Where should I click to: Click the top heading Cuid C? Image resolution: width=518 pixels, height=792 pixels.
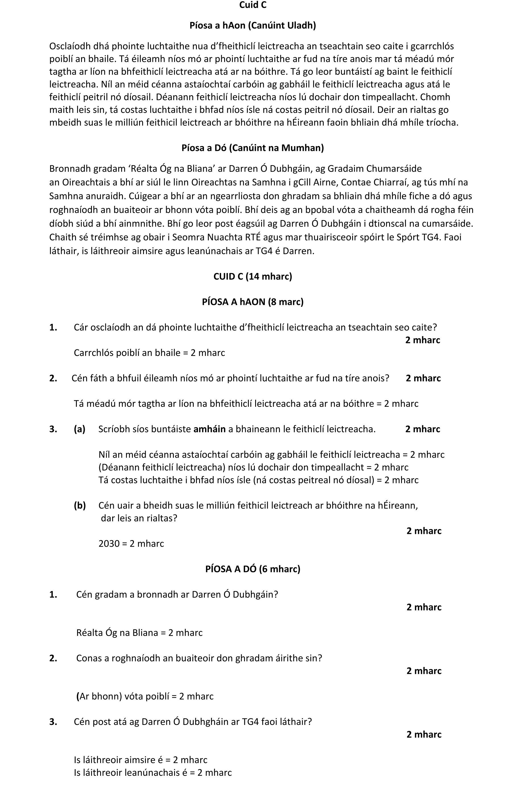(253, 5)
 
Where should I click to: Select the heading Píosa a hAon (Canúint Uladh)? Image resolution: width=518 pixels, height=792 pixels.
(253, 26)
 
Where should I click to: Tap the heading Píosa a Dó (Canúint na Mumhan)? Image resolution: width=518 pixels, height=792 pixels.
(253, 148)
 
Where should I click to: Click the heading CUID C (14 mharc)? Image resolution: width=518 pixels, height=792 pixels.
(253, 277)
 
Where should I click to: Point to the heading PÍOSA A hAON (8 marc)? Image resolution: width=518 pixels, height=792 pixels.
(253, 302)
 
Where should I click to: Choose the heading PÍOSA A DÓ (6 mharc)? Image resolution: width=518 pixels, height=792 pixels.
(253, 569)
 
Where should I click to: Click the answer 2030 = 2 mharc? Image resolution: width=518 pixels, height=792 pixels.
(131, 544)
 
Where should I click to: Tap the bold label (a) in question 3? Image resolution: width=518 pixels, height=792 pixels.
(80, 429)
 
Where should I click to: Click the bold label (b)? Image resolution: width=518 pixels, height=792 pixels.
(80, 505)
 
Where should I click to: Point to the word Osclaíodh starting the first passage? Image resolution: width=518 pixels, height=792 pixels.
(69, 46)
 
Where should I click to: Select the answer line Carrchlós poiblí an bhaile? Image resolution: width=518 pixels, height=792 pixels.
(149, 353)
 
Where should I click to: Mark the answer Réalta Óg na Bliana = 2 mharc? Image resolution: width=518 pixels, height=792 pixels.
(139, 633)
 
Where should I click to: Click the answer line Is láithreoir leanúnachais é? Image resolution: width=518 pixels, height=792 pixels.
(152, 772)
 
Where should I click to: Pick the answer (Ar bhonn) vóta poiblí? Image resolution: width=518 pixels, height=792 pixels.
(145, 696)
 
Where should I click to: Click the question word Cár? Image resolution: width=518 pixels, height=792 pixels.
(81, 327)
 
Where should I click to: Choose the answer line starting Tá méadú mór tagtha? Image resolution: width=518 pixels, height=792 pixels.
(246, 404)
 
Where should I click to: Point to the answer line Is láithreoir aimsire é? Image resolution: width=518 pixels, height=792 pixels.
(141, 760)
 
